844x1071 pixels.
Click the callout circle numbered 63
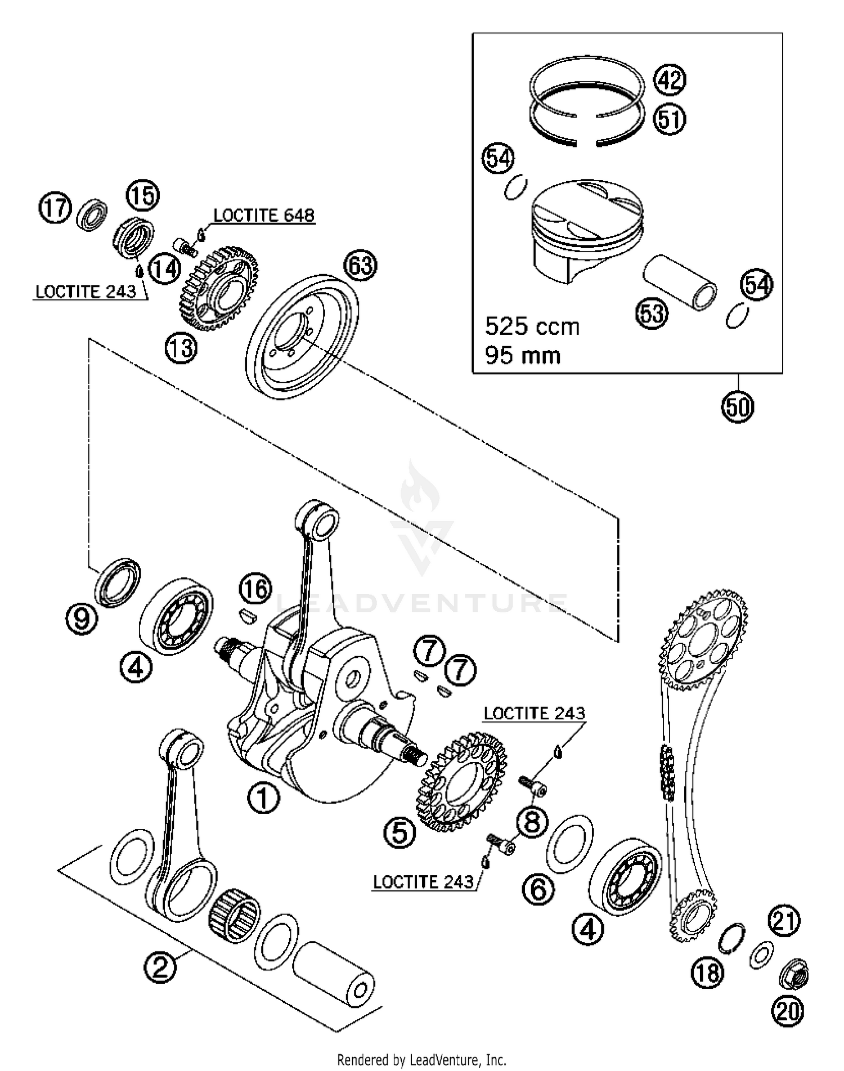click(x=361, y=266)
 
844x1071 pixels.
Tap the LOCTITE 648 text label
click(x=264, y=216)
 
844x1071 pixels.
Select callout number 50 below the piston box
click(x=738, y=406)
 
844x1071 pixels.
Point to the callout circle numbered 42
click(x=670, y=80)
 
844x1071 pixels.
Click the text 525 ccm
click(x=532, y=326)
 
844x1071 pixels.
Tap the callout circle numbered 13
click(x=181, y=348)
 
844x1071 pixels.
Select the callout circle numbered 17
click(x=55, y=208)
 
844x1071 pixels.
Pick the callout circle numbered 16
click(x=255, y=589)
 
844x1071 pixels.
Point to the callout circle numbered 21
click(x=785, y=921)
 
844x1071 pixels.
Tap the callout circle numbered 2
click(x=160, y=968)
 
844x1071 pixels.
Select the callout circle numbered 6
click(x=538, y=890)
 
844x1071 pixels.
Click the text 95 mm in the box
click(x=523, y=356)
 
